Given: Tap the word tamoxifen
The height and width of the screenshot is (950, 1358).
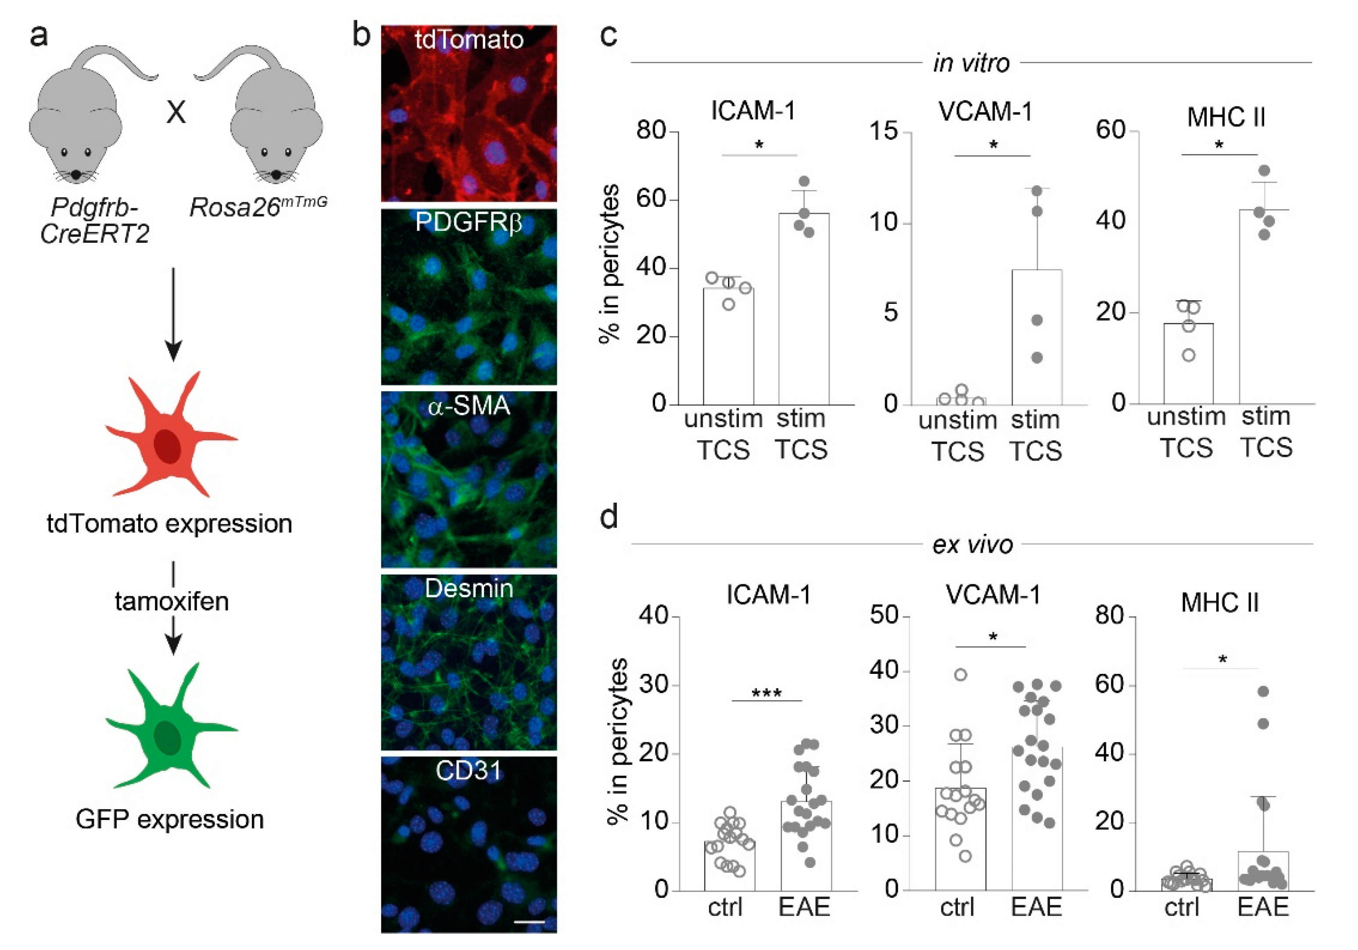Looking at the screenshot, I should pos(172,601).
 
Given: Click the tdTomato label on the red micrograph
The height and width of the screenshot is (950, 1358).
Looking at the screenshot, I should pos(469,40).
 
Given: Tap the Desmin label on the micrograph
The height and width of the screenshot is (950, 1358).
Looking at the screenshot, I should pos(469,588).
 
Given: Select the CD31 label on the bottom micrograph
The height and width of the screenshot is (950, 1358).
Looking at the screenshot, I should pos(469,770).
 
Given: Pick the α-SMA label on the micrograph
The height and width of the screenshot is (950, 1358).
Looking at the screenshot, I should pos(469,406).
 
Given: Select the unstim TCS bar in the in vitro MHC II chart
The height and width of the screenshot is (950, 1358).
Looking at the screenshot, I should pos(1188,363).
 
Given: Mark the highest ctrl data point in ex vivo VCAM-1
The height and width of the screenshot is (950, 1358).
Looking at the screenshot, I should pos(961,675).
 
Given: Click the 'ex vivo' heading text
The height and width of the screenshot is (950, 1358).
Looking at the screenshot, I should pos(972,544).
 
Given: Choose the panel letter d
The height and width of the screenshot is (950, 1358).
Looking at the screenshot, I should pos(609,517).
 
